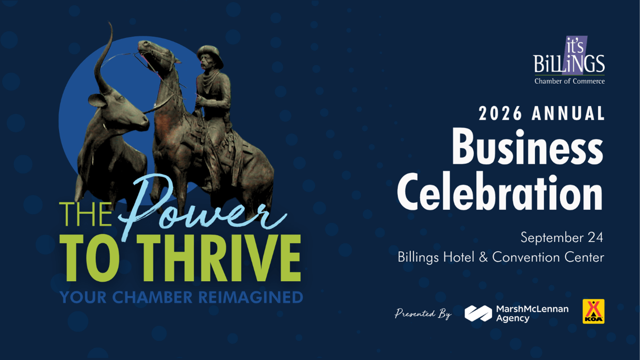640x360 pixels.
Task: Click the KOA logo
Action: [593, 311]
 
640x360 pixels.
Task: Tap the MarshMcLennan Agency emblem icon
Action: [478, 313]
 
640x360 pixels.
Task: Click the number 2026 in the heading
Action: [500, 113]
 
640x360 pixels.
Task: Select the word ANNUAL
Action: [568, 113]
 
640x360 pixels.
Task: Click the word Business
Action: [527, 146]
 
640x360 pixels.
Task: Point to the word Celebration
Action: [500, 191]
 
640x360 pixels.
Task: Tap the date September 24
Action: [562, 237]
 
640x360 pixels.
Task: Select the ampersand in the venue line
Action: [483, 257]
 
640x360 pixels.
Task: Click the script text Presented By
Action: [423, 313]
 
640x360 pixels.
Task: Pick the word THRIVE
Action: [219, 258]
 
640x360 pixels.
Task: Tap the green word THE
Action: [85, 214]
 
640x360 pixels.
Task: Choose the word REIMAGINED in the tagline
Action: [251, 297]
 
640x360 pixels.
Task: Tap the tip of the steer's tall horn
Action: [110, 22]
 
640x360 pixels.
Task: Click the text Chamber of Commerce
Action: [569, 81]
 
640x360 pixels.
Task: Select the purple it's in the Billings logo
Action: [575, 46]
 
